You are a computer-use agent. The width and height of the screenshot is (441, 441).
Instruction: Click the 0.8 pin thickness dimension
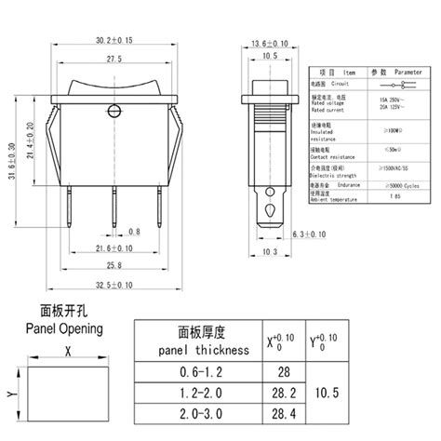tap(135, 230)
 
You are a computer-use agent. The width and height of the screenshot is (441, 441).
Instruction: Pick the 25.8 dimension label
tap(114, 266)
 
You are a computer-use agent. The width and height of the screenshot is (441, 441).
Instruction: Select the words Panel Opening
tap(62, 328)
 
